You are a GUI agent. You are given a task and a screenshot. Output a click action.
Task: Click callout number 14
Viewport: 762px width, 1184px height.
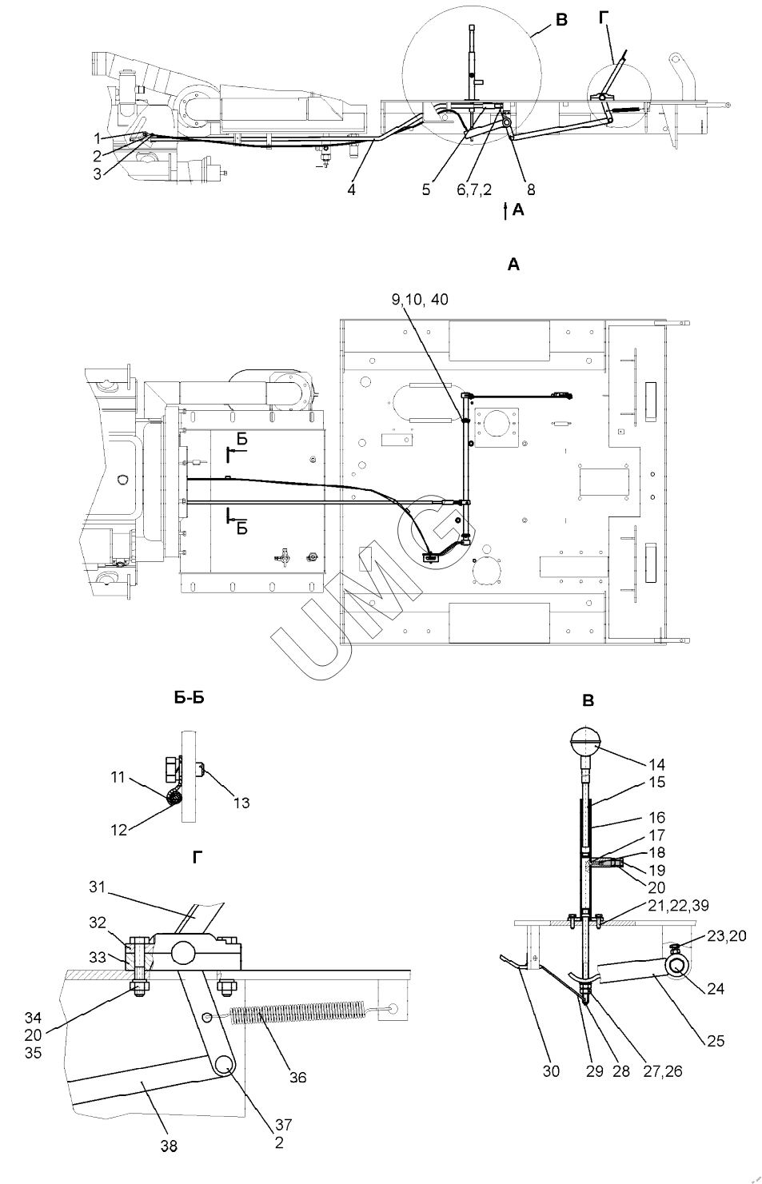click(x=656, y=764)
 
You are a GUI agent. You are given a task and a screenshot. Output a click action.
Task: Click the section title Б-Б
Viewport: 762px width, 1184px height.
click(x=189, y=698)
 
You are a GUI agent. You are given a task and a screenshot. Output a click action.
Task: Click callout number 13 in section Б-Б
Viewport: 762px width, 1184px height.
click(x=241, y=803)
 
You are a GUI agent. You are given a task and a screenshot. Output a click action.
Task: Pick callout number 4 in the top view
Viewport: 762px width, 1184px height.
click(x=351, y=189)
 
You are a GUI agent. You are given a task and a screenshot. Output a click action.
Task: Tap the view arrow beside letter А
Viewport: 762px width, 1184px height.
click(x=505, y=210)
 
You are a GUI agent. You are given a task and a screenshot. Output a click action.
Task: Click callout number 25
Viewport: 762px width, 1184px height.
click(x=715, y=1041)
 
